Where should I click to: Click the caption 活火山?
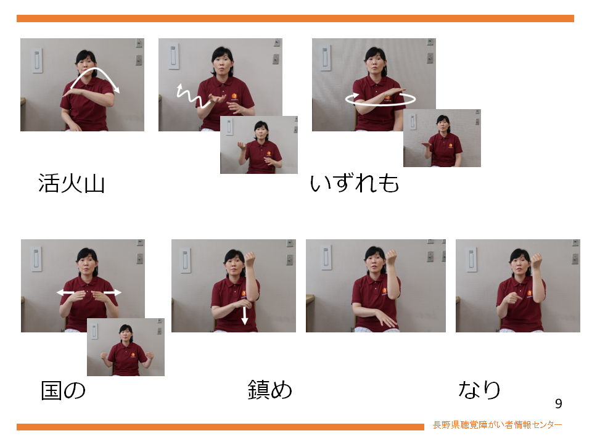(x=72, y=184)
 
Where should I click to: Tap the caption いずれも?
(x=355, y=184)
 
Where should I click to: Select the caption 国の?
(x=63, y=390)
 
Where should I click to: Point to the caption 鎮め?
(x=270, y=390)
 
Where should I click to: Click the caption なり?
(x=479, y=390)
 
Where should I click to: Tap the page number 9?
(x=559, y=403)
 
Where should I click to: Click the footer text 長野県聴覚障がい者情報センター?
(x=497, y=425)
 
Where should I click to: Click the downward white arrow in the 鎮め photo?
(x=245, y=316)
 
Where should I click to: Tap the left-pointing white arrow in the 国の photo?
(x=65, y=292)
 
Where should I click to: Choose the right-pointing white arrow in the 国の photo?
(x=112, y=292)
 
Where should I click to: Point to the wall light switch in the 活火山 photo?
(x=37, y=60)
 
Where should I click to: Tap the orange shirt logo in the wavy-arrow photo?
(x=234, y=97)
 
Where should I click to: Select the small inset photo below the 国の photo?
(x=126, y=347)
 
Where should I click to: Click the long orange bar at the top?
(x=295, y=18)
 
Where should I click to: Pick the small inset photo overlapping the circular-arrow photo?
(x=442, y=138)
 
